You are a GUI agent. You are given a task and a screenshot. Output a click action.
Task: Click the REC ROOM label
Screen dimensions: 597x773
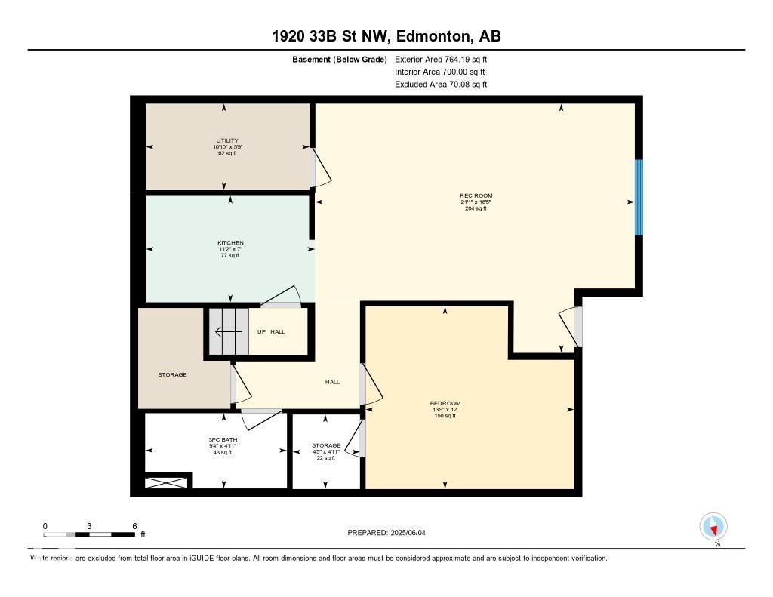(476, 196)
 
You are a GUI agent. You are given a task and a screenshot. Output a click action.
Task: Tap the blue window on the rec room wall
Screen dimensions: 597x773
(639, 197)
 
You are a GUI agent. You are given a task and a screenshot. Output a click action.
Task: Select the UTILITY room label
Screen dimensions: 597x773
(227, 140)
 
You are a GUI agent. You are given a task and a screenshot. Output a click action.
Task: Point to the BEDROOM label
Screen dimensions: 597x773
(445, 403)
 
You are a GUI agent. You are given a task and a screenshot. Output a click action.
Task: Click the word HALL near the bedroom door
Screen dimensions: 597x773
(332, 382)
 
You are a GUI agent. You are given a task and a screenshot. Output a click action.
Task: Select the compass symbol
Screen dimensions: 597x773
(713, 527)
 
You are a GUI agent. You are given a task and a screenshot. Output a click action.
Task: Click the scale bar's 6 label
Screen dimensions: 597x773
(134, 526)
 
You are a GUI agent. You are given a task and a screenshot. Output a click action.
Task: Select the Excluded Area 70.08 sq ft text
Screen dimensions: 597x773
(441, 85)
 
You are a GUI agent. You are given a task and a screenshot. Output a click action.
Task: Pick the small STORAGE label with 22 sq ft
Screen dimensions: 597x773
(326, 446)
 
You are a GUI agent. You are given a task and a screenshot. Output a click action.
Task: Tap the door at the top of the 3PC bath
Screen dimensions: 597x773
(261, 417)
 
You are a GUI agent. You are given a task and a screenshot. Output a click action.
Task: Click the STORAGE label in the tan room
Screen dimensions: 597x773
(172, 374)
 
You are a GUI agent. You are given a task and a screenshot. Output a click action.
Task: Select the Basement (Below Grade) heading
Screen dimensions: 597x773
(339, 59)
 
